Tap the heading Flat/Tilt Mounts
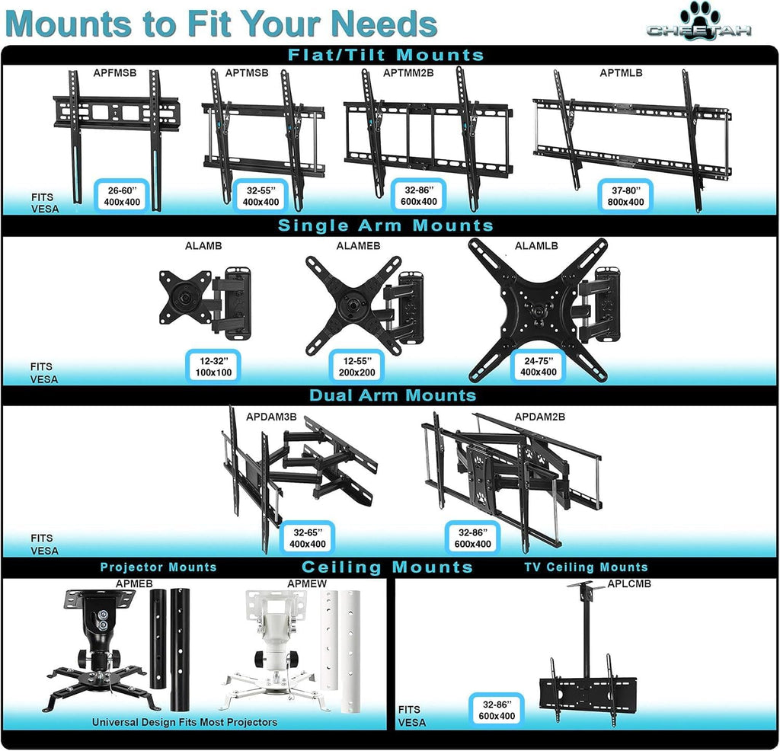[x=385, y=55]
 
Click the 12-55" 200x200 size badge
[x=356, y=366]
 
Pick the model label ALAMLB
[x=536, y=246]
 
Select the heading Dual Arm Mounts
[x=392, y=395]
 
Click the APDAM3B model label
[x=271, y=417]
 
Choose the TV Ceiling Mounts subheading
[x=586, y=567]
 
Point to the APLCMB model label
[x=630, y=585]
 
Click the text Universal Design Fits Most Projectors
[x=185, y=721]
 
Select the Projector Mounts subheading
[x=158, y=567]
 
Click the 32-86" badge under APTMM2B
[x=419, y=196]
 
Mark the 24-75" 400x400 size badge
[x=539, y=366]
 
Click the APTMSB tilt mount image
[x=263, y=137]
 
